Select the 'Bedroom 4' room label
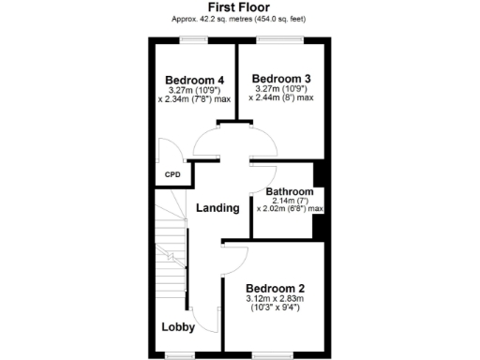click(194, 79)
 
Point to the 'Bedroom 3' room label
click(281, 78)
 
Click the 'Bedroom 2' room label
click(276, 288)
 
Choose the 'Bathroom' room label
click(289, 191)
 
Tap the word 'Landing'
click(217, 207)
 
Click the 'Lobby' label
click(178, 327)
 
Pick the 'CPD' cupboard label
click(172, 174)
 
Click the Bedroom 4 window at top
click(194, 39)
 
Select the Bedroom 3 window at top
click(281, 39)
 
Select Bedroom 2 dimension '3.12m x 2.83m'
click(276, 299)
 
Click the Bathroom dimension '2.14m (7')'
click(289, 201)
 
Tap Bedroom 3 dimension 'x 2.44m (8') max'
click(283, 97)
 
